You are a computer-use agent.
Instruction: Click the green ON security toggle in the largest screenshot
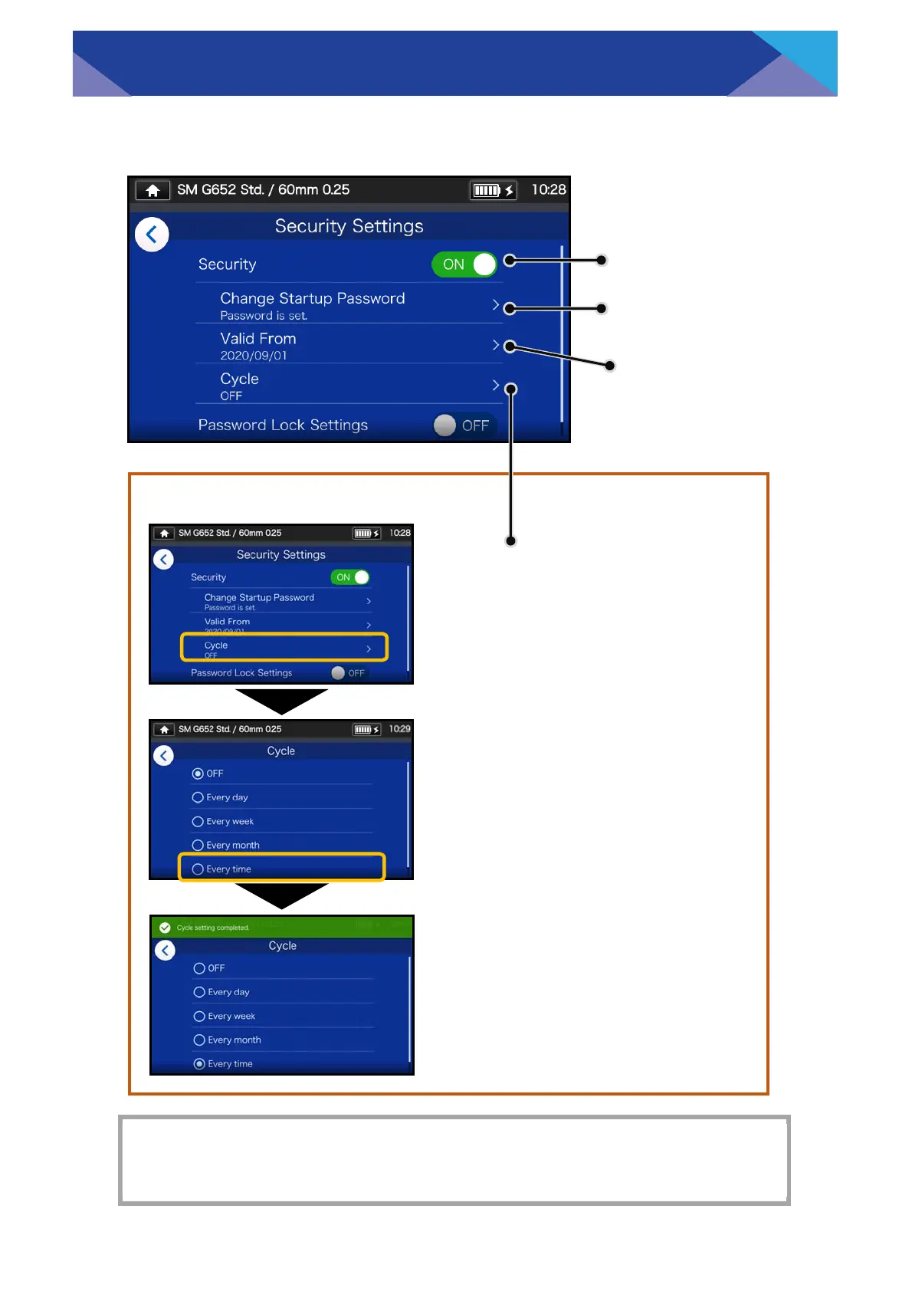coord(464,264)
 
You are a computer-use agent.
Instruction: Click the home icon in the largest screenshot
coord(153,190)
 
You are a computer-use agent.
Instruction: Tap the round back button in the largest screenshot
coord(152,235)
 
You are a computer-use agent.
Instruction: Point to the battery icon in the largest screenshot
coord(487,190)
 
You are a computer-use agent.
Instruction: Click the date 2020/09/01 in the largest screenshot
coord(254,356)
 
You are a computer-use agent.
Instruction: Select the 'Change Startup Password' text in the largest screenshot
coord(313,298)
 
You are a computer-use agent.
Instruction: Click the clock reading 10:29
coord(399,729)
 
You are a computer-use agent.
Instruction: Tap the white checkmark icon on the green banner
coord(165,928)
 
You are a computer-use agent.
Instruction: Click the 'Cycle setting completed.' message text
coord(213,928)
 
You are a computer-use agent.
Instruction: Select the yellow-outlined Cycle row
coord(284,647)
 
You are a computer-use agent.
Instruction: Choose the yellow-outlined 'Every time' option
coord(282,868)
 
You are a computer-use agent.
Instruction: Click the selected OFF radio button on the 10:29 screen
coord(198,774)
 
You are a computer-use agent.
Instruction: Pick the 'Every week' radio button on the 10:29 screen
coord(198,821)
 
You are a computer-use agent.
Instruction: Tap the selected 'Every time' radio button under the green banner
coord(199,1063)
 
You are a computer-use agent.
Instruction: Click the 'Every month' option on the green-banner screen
coord(235,1040)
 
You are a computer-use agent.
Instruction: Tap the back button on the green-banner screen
coord(165,951)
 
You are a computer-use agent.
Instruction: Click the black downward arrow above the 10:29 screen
coord(281,700)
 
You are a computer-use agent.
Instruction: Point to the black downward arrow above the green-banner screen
coord(281,895)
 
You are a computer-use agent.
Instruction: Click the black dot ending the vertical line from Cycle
coord(511,540)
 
